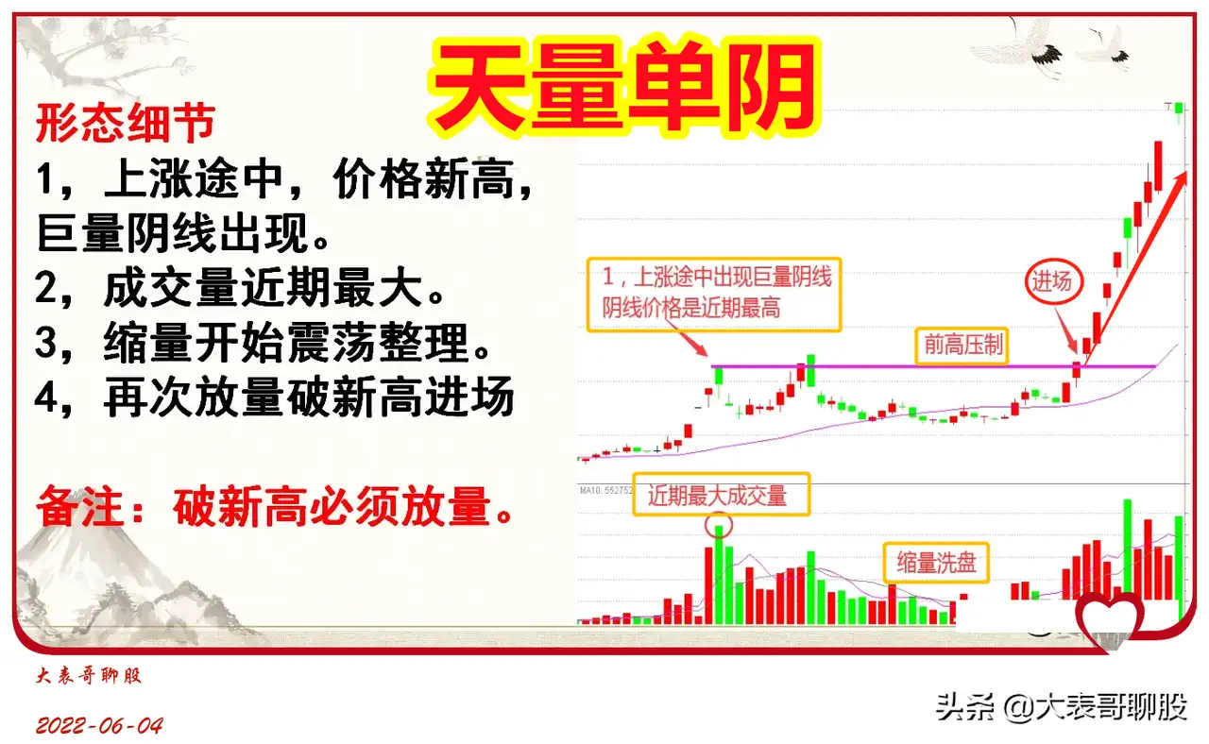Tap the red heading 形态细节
click(126, 123)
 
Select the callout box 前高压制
click(962, 345)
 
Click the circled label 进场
click(1053, 281)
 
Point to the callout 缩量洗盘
click(936, 563)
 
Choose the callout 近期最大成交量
click(721, 495)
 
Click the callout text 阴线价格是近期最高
click(691, 309)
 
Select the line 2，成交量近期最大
click(240, 288)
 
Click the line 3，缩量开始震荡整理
click(263, 342)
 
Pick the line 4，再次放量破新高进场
click(274, 397)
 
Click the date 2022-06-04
click(99, 726)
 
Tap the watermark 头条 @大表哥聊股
click(1062, 706)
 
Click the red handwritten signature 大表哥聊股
click(89, 675)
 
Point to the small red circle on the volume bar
click(719, 524)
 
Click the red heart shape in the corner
click(1110, 620)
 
